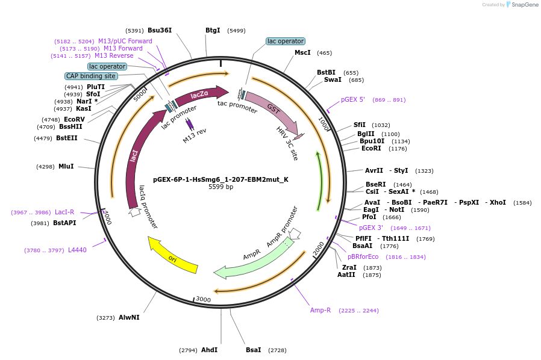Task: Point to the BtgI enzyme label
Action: coord(213,30)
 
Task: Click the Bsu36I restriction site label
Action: coord(160,30)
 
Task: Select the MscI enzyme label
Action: coord(302,53)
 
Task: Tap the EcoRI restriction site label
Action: coord(371,148)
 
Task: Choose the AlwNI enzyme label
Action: coord(129,317)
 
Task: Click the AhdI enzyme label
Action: coord(209,350)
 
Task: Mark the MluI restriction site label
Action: coord(66,166)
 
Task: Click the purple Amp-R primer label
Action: coord(321,311)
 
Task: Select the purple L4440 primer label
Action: coord(77,250)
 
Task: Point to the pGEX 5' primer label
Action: coord(353,100)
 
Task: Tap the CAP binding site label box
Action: coord(91,76)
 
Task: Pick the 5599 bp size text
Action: coord(220,187)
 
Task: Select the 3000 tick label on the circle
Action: coord(203,299)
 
